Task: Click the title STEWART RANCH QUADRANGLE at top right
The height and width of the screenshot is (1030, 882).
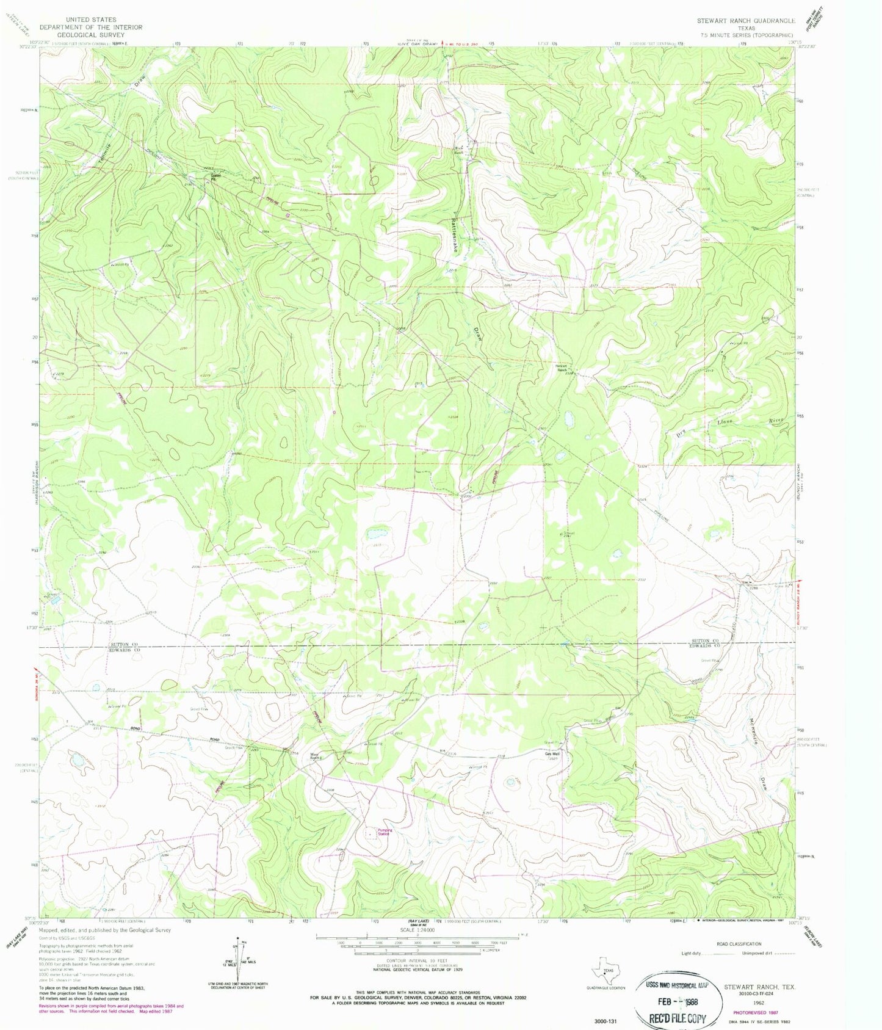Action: [x=746, y=21]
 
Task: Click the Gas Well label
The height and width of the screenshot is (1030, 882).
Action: [x=552, y=754]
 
